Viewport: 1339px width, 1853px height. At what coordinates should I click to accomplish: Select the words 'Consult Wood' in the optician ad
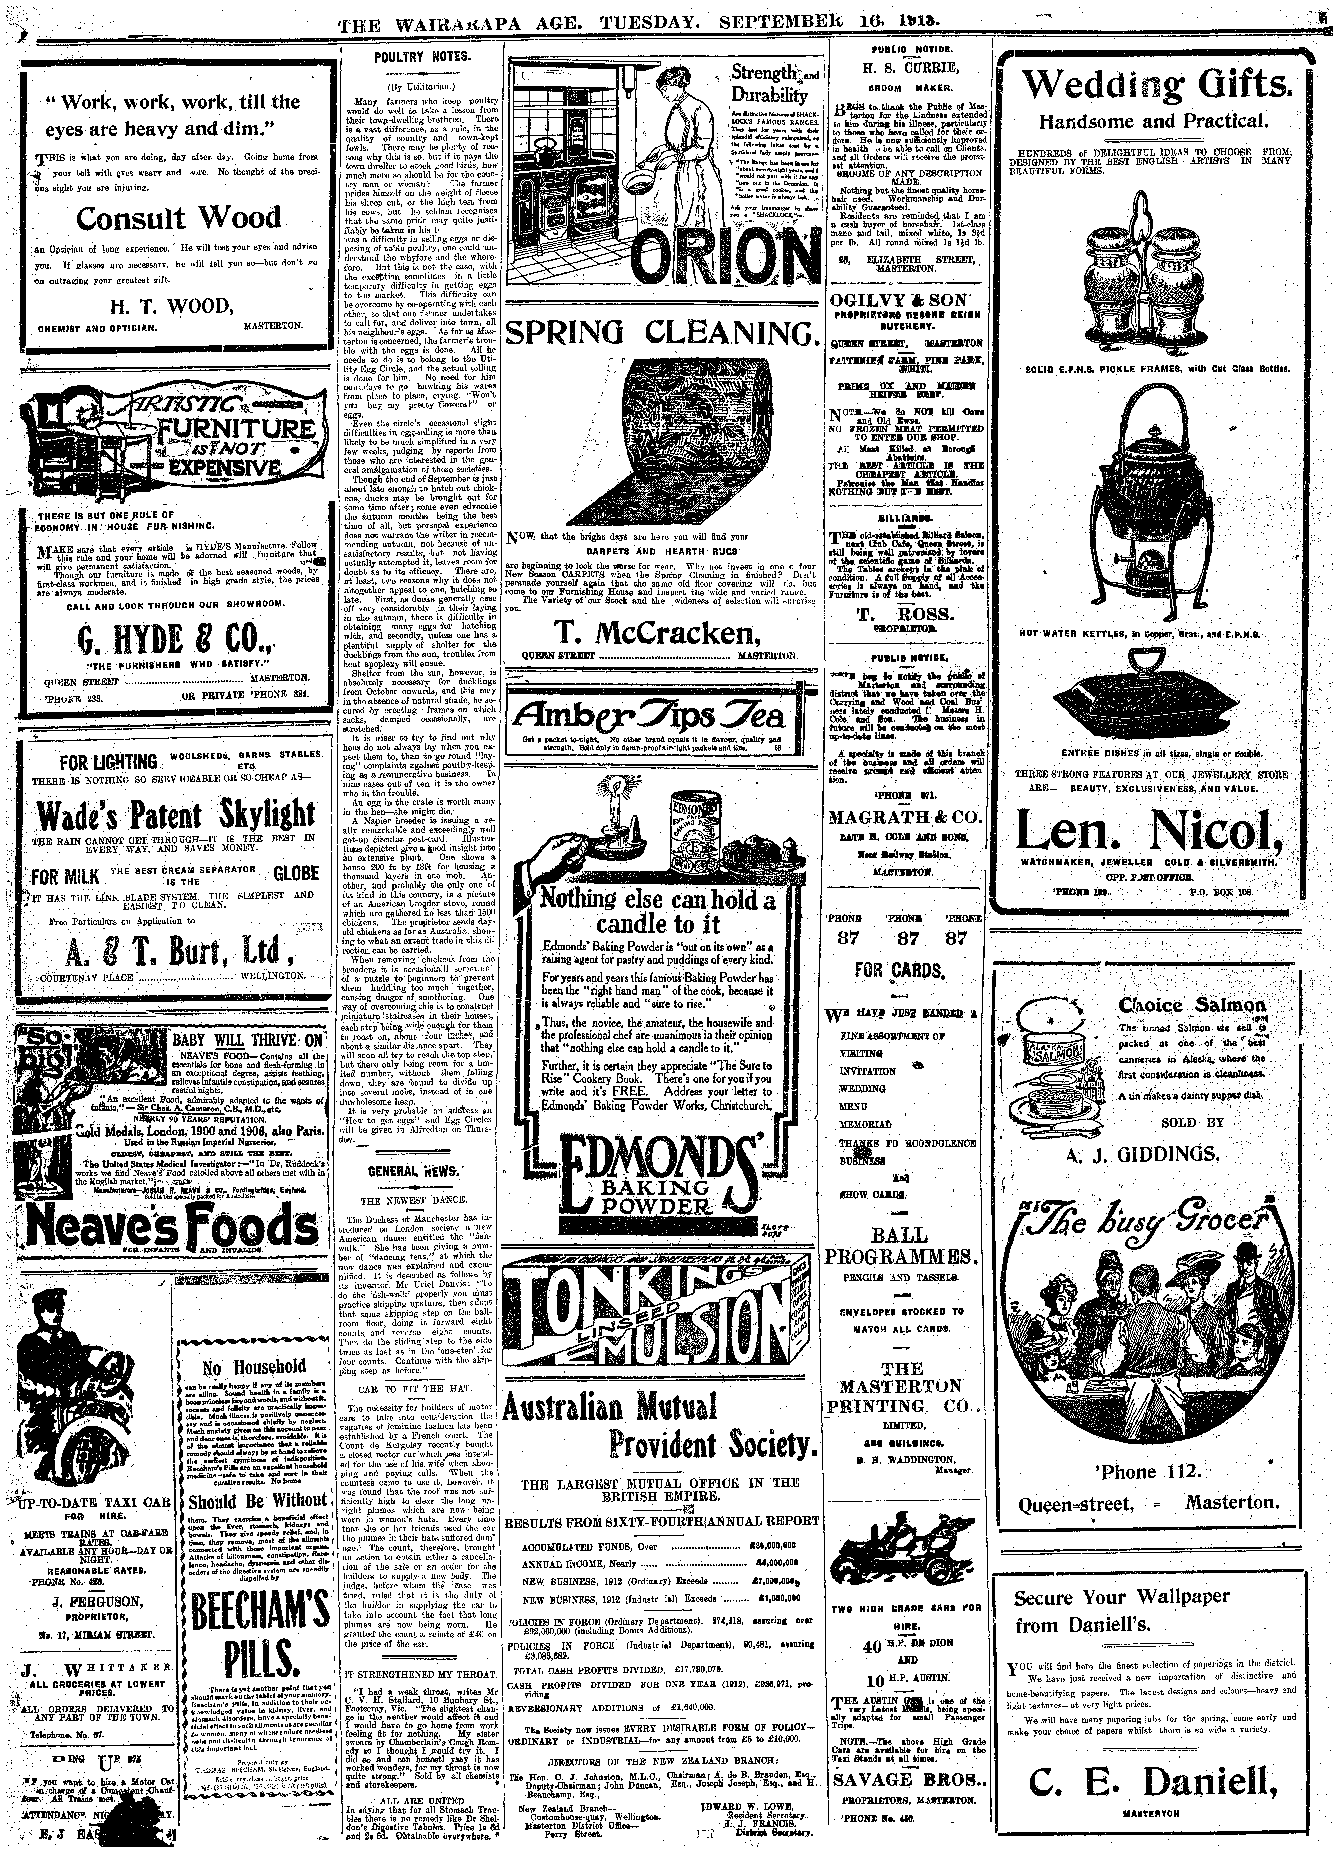[178, 218]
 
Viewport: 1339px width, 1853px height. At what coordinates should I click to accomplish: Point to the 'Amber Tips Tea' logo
[649, 716]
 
